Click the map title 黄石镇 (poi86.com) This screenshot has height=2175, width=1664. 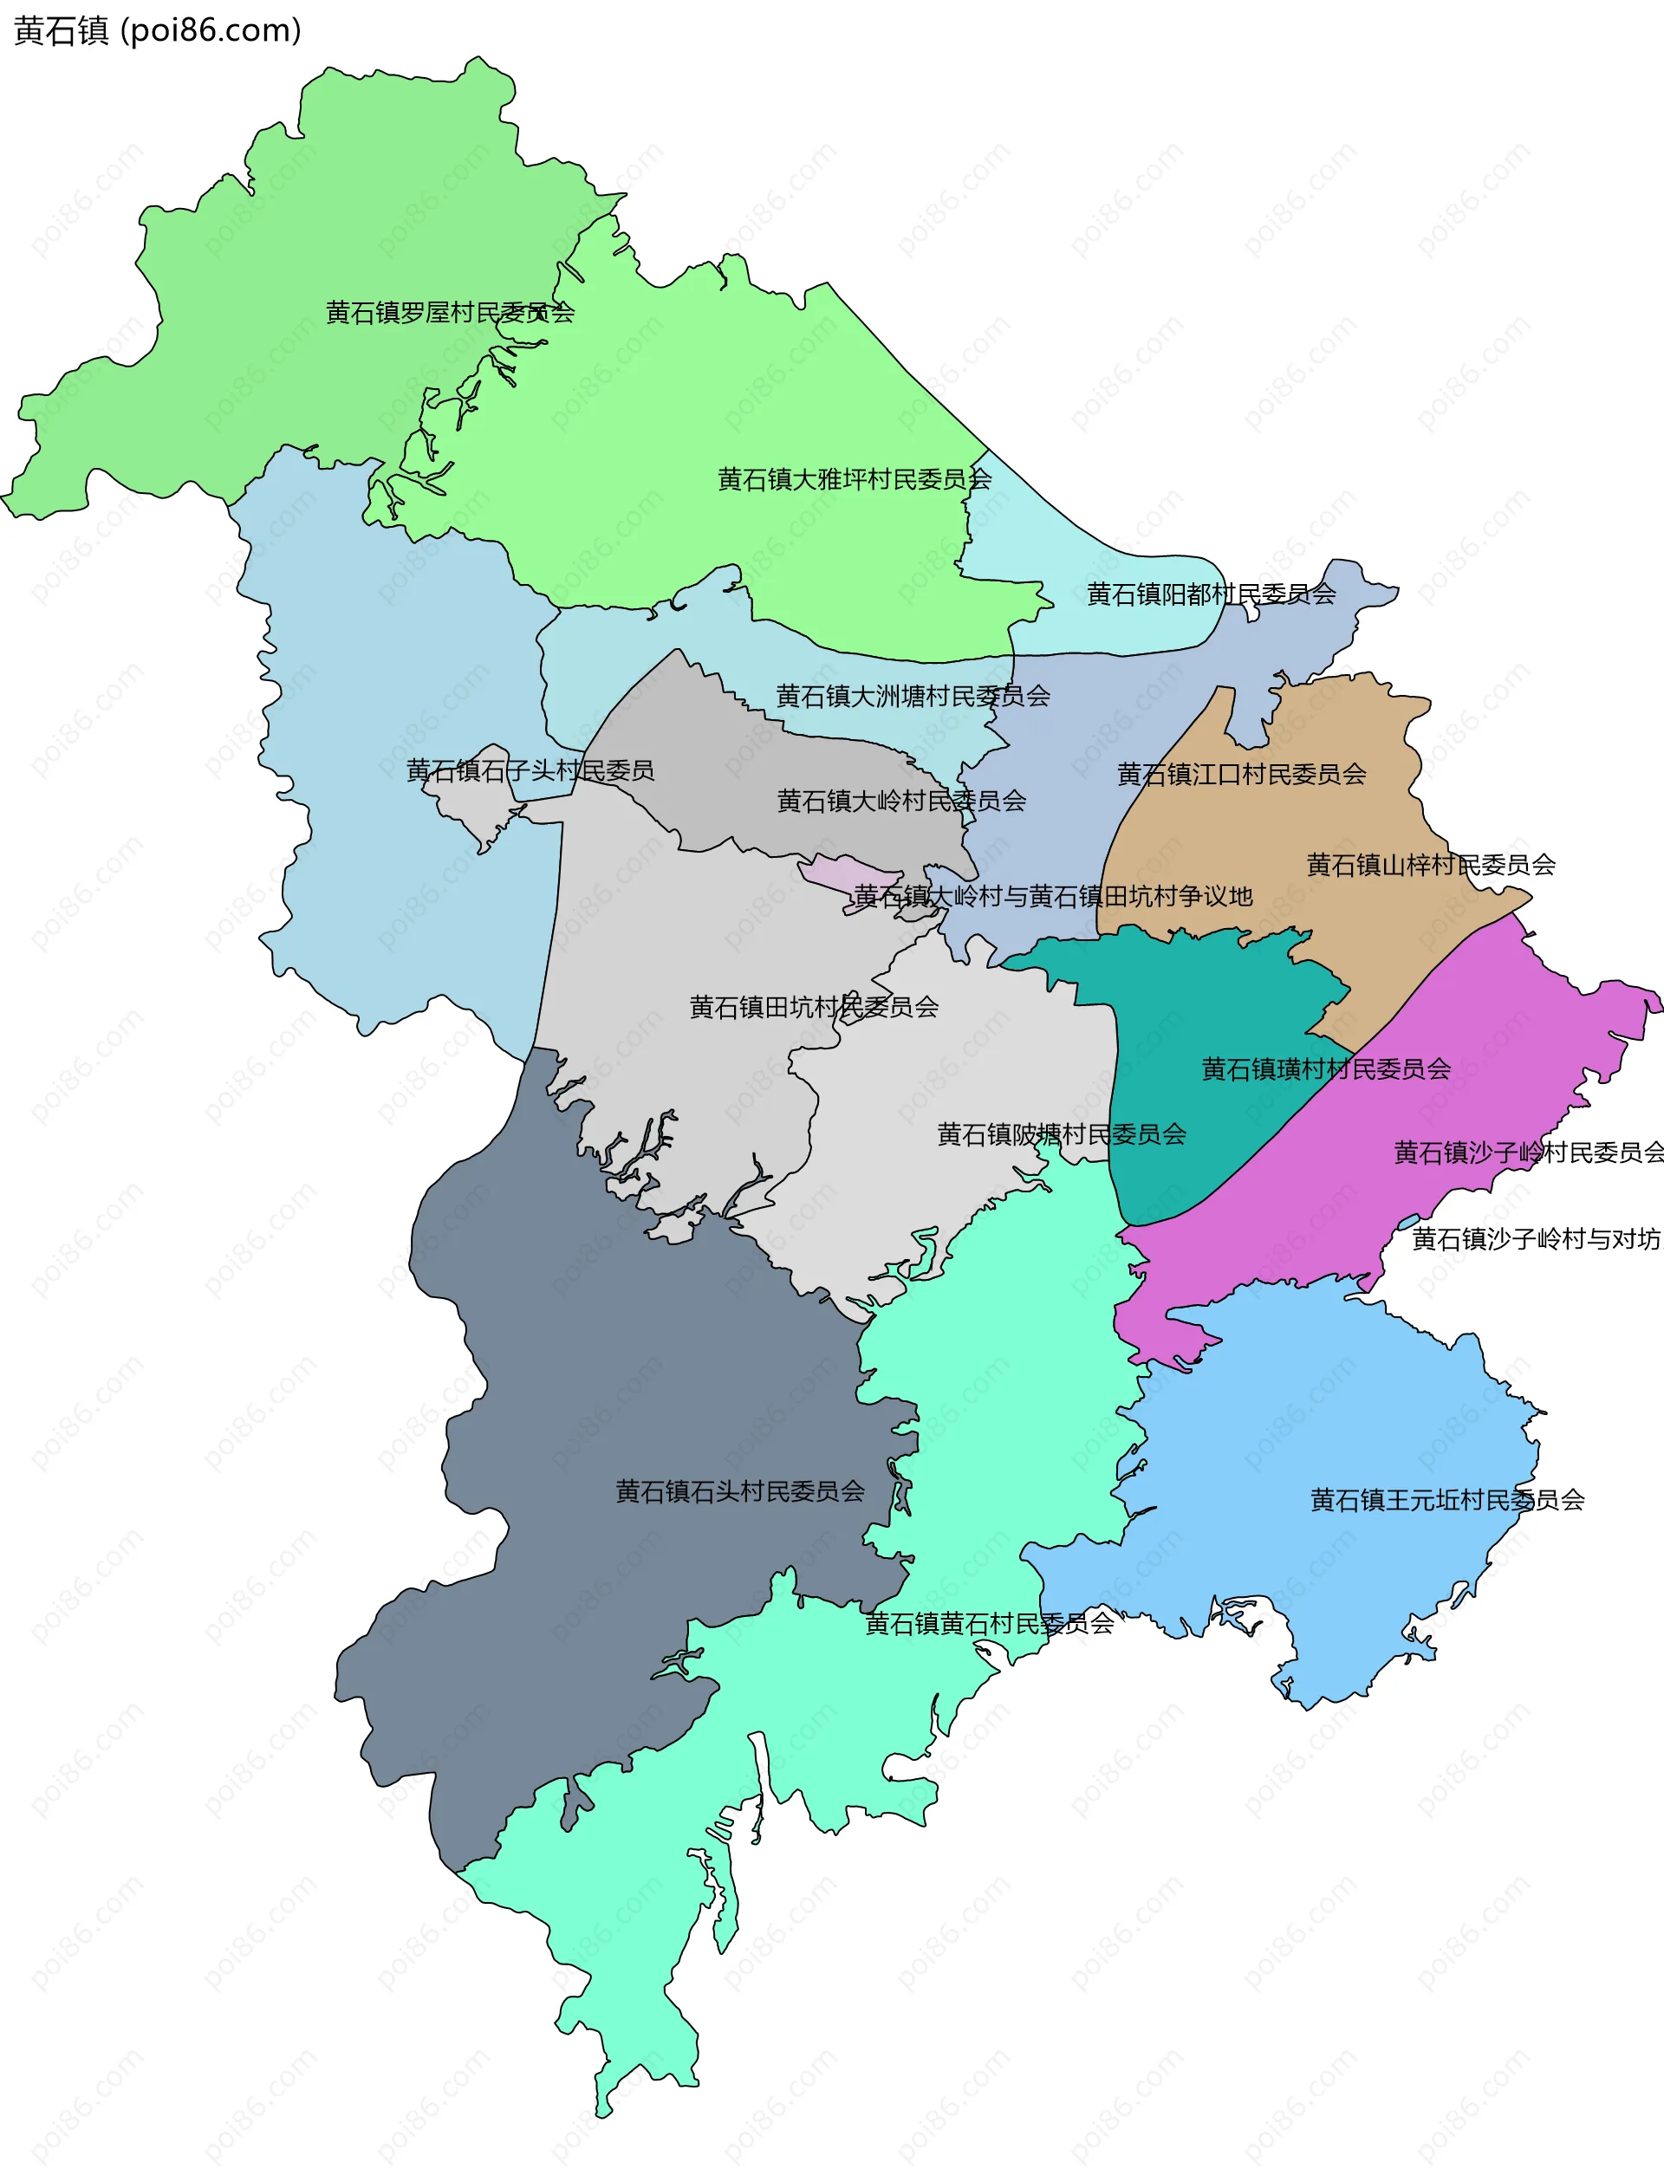click(x=158, y=30)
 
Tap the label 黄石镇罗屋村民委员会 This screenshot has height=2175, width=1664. click(x=450, y=313)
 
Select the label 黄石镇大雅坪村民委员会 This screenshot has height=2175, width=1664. click(x=854, y=479)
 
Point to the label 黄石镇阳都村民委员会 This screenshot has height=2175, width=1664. click(x=1211, y=594)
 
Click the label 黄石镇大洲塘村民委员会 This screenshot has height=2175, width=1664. click(x=913, y=697)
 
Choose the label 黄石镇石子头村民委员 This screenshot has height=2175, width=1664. click(x=530, y=770)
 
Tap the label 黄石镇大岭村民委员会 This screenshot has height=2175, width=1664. click(x=900, y=801)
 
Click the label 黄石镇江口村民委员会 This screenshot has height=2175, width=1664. click(x=1241, y=775)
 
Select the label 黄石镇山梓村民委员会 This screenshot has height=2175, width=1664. click(x=1430, y=865)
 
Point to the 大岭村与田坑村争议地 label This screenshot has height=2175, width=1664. click(x=1053, y=896)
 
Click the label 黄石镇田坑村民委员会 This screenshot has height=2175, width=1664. click(x=813, y=1007)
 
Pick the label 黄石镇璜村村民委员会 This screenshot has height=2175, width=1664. click(x=1325, y=1068)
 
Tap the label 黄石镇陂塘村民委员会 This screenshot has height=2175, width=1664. click(x=1061, y=1134)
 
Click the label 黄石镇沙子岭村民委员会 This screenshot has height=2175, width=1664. click(x=1527, y=1152)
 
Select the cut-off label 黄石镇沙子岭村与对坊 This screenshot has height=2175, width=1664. click(x=1535, y=1239)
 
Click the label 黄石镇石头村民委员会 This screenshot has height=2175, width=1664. click(x=740, y=1491)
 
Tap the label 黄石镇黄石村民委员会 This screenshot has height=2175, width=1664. click(x=989, y=1623)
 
